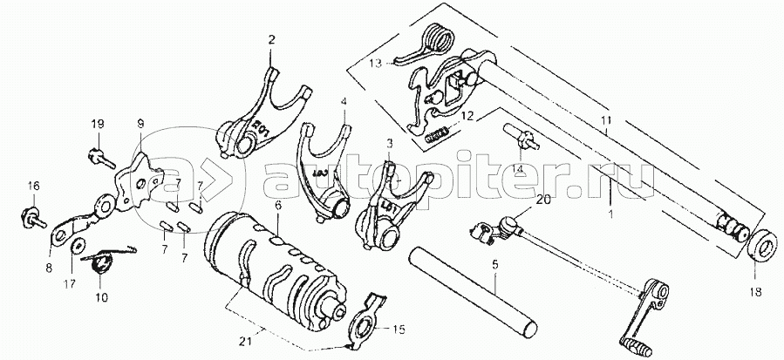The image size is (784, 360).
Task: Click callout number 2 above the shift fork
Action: [270, 40]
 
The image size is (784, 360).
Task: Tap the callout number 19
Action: [98, 124]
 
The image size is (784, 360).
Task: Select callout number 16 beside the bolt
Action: [33, 185]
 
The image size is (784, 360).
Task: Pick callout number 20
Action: [543, 200]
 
